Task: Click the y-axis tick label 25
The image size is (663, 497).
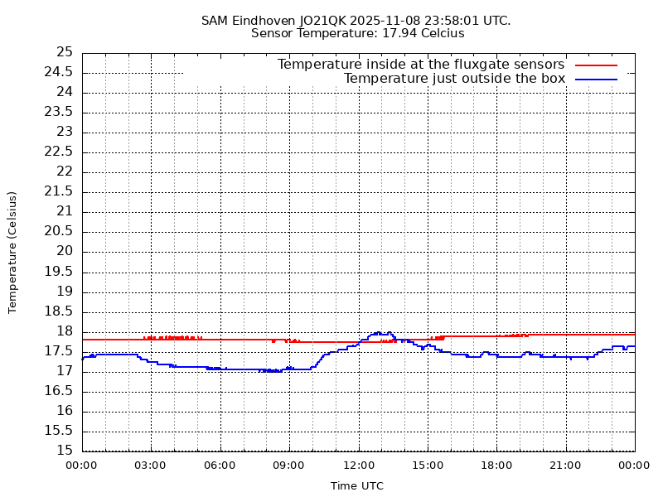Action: [65, 52]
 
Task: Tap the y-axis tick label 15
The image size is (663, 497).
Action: [65, 451]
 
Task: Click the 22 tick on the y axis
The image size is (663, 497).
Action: [65, 171]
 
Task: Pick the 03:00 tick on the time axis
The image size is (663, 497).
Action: [150, 466]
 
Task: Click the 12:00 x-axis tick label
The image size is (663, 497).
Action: [358, 466]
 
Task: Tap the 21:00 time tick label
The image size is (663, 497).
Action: [565, 466]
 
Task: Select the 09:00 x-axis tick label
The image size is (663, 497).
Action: [288, 466]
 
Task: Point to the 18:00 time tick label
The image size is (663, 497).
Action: [496, 466]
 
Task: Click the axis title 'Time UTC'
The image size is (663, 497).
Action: [357, 486]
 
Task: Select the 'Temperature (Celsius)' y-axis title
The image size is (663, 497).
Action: [12, 252]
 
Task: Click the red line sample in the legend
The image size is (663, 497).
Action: [596, 65]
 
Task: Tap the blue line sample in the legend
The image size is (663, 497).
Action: [596, 79]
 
